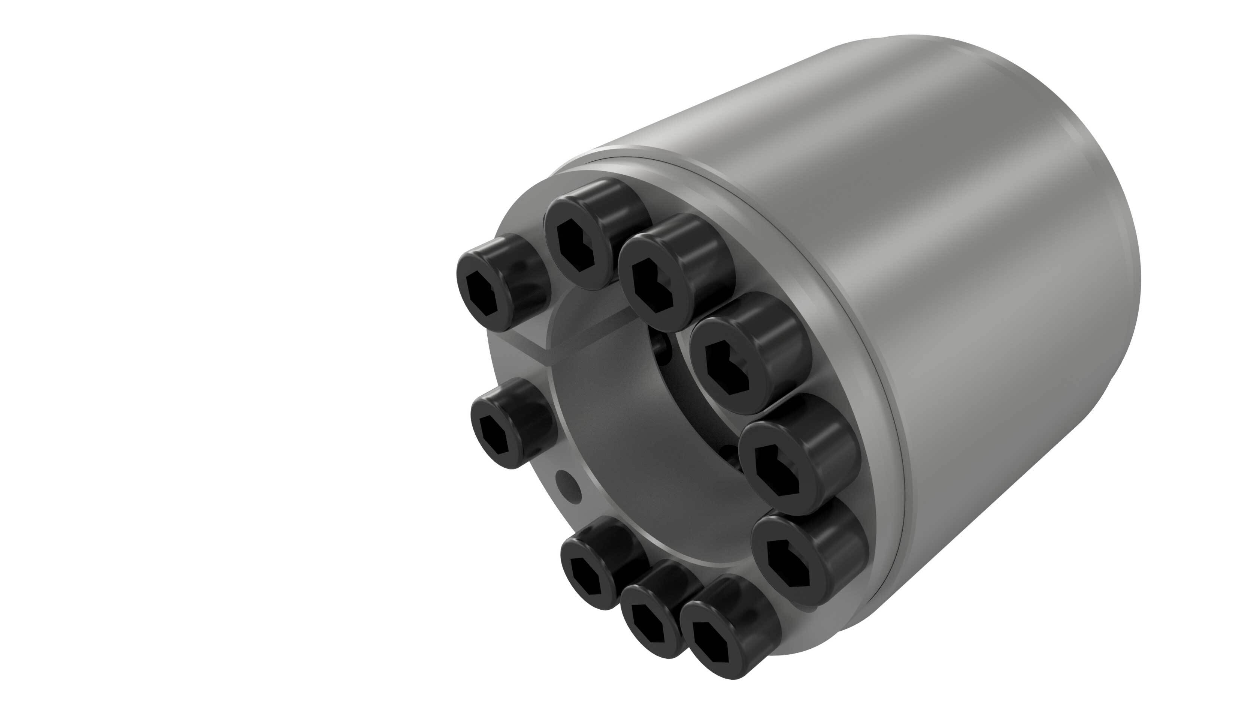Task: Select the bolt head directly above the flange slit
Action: click(499, 284)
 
